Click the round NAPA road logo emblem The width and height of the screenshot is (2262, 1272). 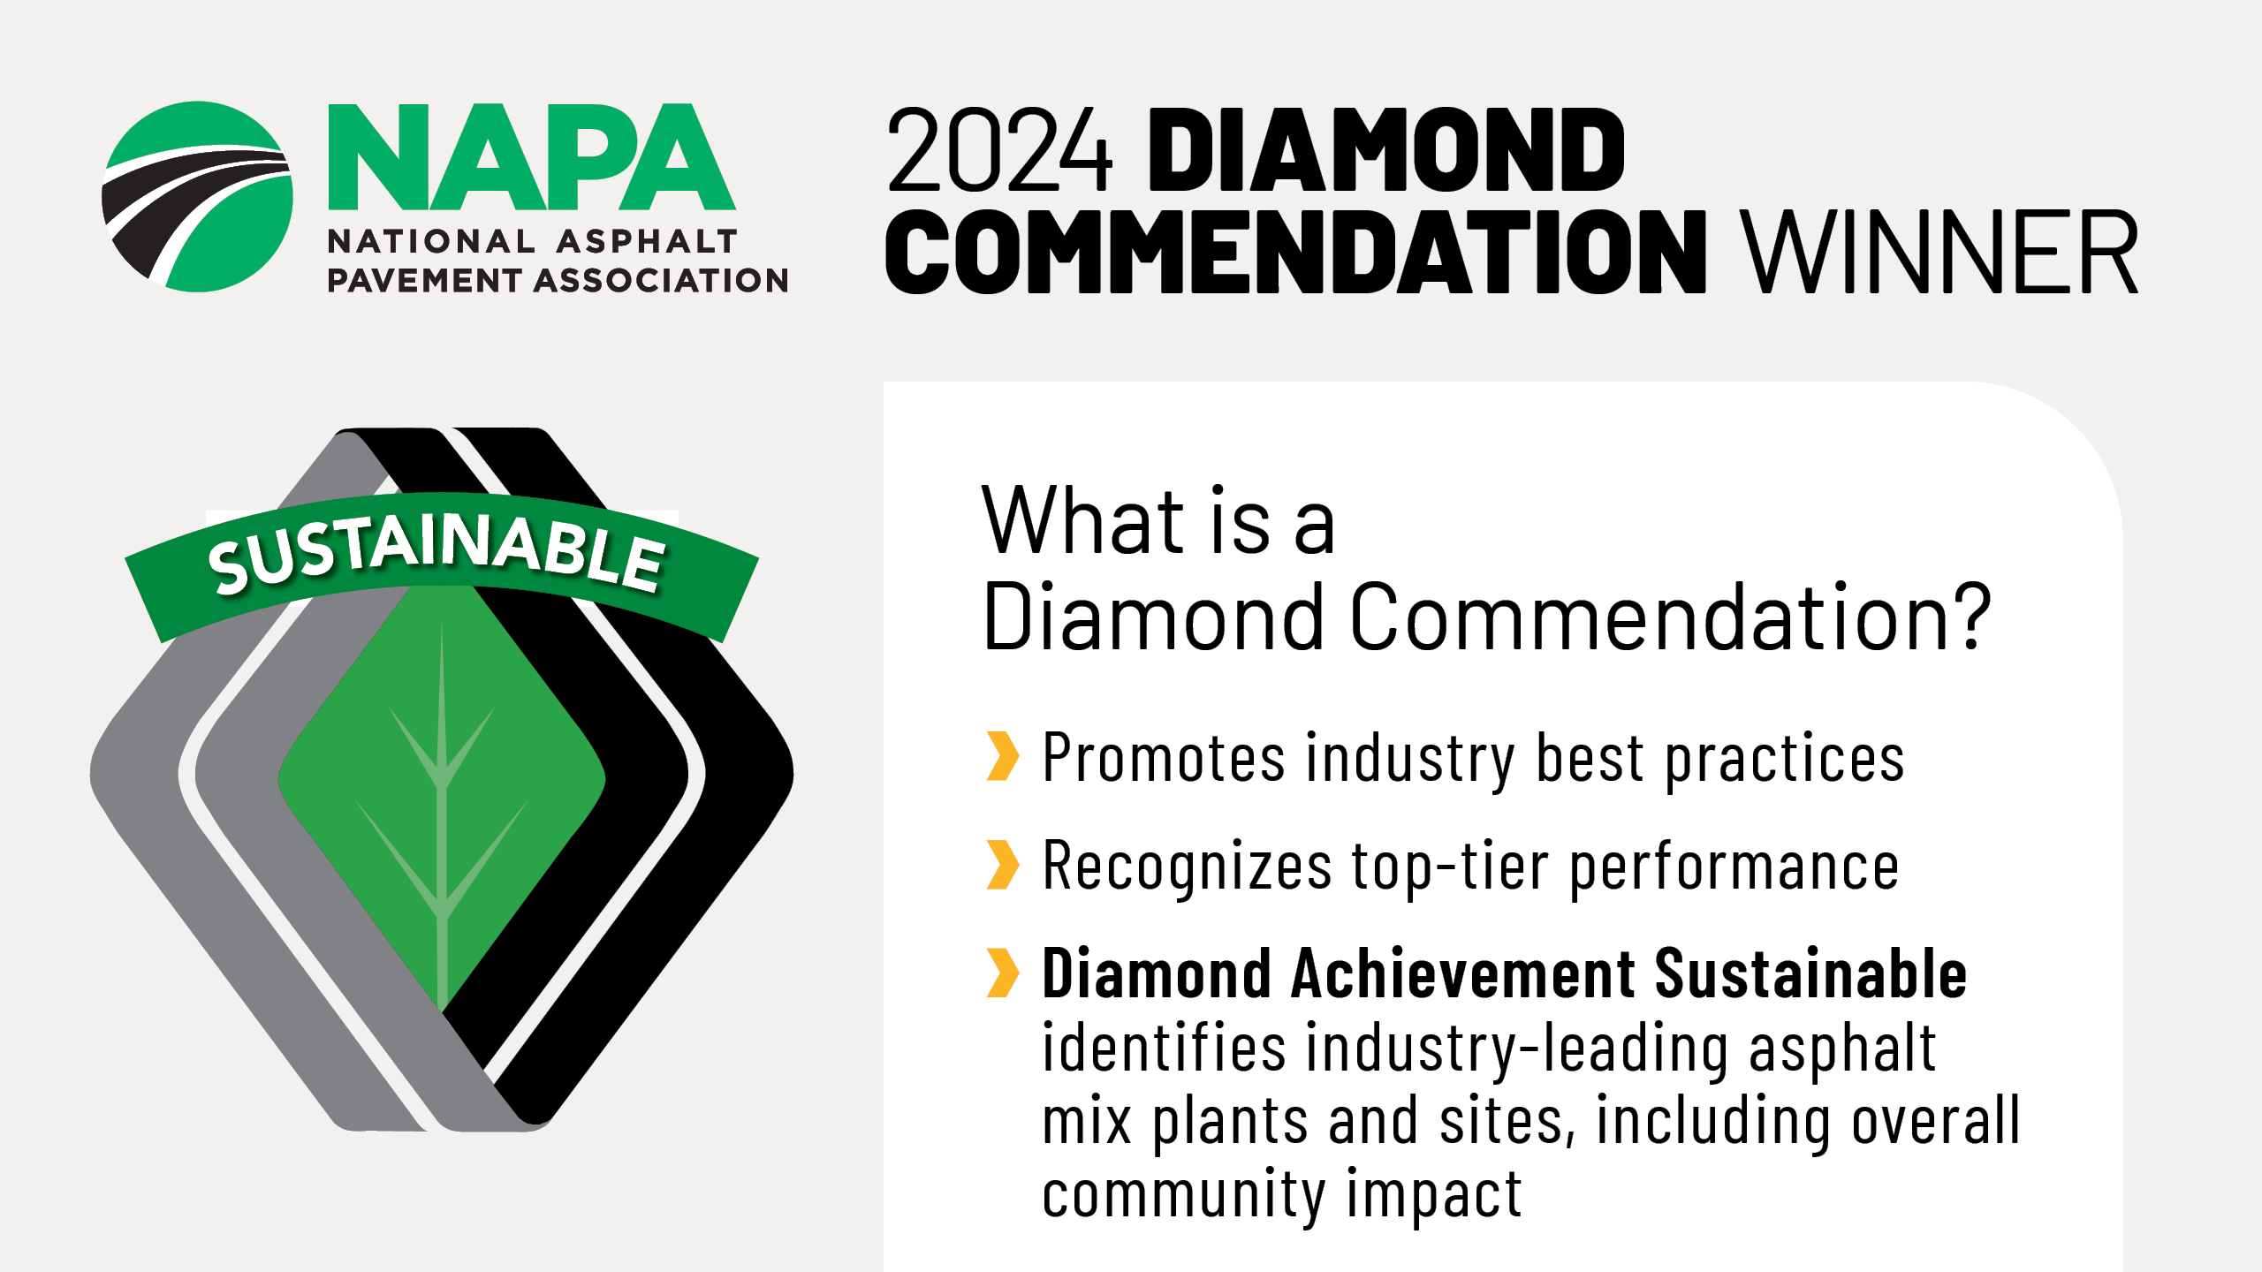point(197,196)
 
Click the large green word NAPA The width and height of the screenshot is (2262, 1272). point(532,157)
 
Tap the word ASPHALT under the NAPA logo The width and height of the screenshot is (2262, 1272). point(647,241)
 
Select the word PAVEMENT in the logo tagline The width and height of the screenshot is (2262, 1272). point(424,281)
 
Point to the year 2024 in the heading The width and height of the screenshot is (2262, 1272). point(999,150)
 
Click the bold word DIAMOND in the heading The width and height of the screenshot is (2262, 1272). point(1385,150)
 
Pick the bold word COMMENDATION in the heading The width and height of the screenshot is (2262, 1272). point(1295,253)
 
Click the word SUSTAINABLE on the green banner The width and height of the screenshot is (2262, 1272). point(436,553)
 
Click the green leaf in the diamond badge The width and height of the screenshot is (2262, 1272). point(442,795)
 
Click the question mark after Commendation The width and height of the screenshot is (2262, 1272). point(1970,616)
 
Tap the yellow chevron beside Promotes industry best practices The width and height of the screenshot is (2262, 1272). point(1003,756)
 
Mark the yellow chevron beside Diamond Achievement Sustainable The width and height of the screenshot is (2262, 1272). point(1003,973)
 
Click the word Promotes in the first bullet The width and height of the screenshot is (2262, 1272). point(1164,758)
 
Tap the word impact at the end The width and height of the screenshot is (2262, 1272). point(1435,1194)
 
